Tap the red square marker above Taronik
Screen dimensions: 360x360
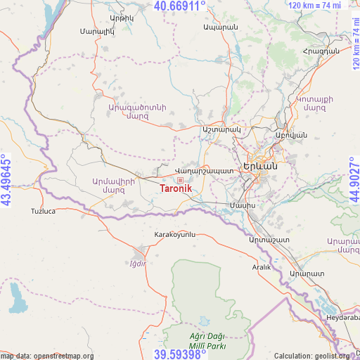179,180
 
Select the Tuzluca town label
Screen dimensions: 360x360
43,211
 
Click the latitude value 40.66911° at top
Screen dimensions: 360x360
180,6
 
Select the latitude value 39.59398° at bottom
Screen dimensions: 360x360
180,354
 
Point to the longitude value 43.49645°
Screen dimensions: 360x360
6,180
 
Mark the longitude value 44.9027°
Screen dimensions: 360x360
354,180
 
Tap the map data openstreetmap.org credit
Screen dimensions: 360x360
48,356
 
